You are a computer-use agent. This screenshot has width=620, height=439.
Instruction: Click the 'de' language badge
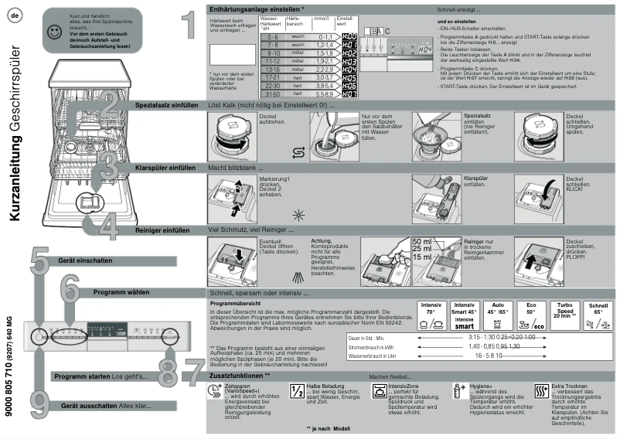point(16,17)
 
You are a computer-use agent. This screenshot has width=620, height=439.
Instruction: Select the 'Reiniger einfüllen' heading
point(162,230)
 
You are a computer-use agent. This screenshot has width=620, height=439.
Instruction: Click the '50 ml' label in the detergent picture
point(422,242)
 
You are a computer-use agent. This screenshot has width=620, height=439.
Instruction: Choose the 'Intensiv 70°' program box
point(430,315)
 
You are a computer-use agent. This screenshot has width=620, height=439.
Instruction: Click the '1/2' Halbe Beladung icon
point(297,390)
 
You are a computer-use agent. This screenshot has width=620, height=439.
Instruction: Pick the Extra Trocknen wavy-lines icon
point(542,390)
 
